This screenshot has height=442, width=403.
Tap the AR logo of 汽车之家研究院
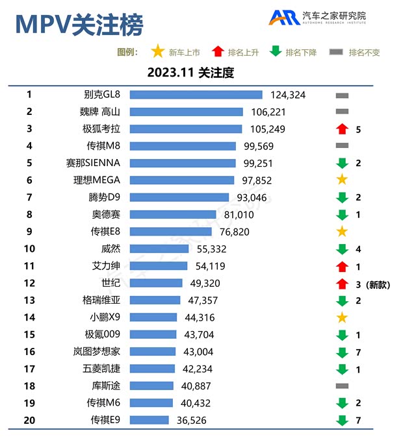(x=284, y=18)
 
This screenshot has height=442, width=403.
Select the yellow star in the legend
(x=157, y=52)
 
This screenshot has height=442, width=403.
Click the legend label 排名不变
(x=364, y=53)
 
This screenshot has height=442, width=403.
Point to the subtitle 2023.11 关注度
(x=190, y=73)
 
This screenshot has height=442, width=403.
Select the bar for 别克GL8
(x=196, y=95)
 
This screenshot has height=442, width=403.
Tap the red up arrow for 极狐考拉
(x=342, y=129)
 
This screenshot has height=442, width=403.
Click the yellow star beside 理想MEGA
(x=342, y=180)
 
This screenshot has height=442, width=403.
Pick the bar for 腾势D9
(x=179, y=197)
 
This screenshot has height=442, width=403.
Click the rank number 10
(x=29, y=249)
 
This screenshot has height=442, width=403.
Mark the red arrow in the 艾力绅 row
(x=342, y=265)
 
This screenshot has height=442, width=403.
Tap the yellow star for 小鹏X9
(x=342, y=317)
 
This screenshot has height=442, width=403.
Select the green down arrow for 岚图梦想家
(x=342, y=352)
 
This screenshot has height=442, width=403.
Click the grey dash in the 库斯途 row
(x=342, y=386)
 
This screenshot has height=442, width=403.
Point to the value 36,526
(x=192, y=421)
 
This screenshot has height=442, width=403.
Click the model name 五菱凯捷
(x=106, y=369)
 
